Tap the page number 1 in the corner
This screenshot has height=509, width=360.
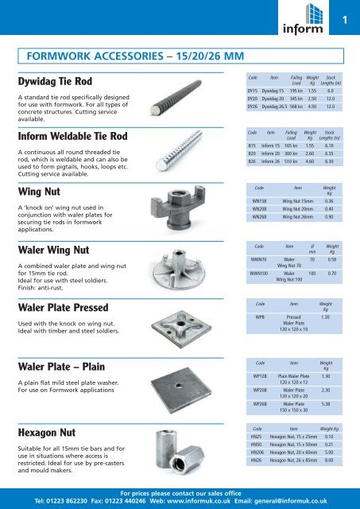(x=346, y=20)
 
